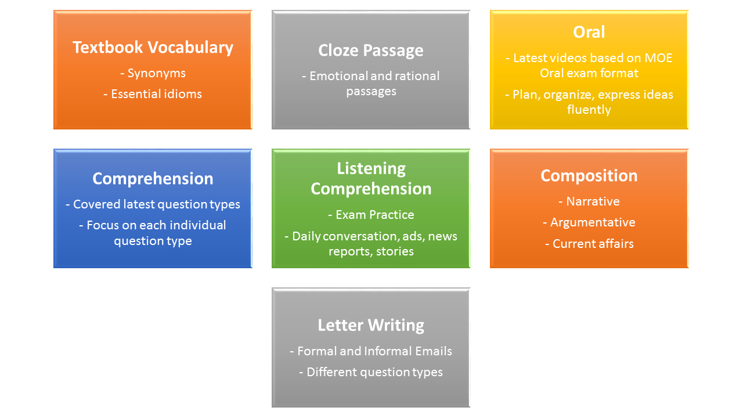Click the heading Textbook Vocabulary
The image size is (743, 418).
153,48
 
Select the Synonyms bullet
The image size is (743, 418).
153,73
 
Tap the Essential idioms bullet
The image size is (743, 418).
153,94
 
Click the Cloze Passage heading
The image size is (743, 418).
371,51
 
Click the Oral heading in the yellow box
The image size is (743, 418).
589,32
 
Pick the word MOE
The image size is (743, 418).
658,58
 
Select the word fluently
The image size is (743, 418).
589,110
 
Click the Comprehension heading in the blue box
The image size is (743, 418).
153,179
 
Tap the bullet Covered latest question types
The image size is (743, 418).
153,204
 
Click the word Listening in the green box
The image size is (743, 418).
371,168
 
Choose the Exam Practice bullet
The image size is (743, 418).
371,215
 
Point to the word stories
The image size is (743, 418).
395,251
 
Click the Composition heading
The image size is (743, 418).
589,176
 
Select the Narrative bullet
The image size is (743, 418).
589,201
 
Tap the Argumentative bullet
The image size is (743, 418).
589,222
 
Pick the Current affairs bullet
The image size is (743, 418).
589,244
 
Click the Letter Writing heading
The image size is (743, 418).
371,325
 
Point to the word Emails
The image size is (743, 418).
433,351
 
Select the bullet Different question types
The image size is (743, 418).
371,372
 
